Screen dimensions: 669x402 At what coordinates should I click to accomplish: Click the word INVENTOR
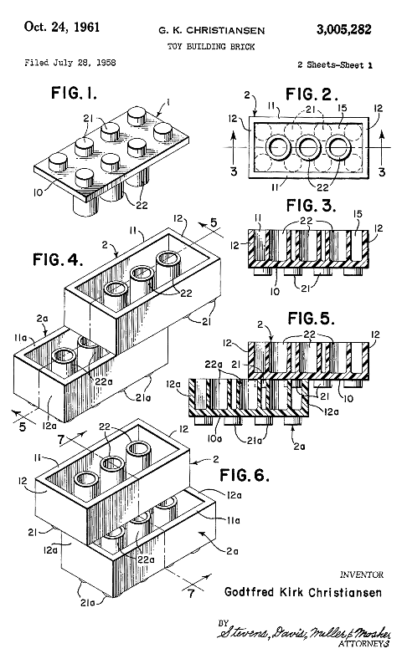pos(361,575)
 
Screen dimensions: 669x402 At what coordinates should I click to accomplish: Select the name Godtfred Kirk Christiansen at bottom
pos(303,592)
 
